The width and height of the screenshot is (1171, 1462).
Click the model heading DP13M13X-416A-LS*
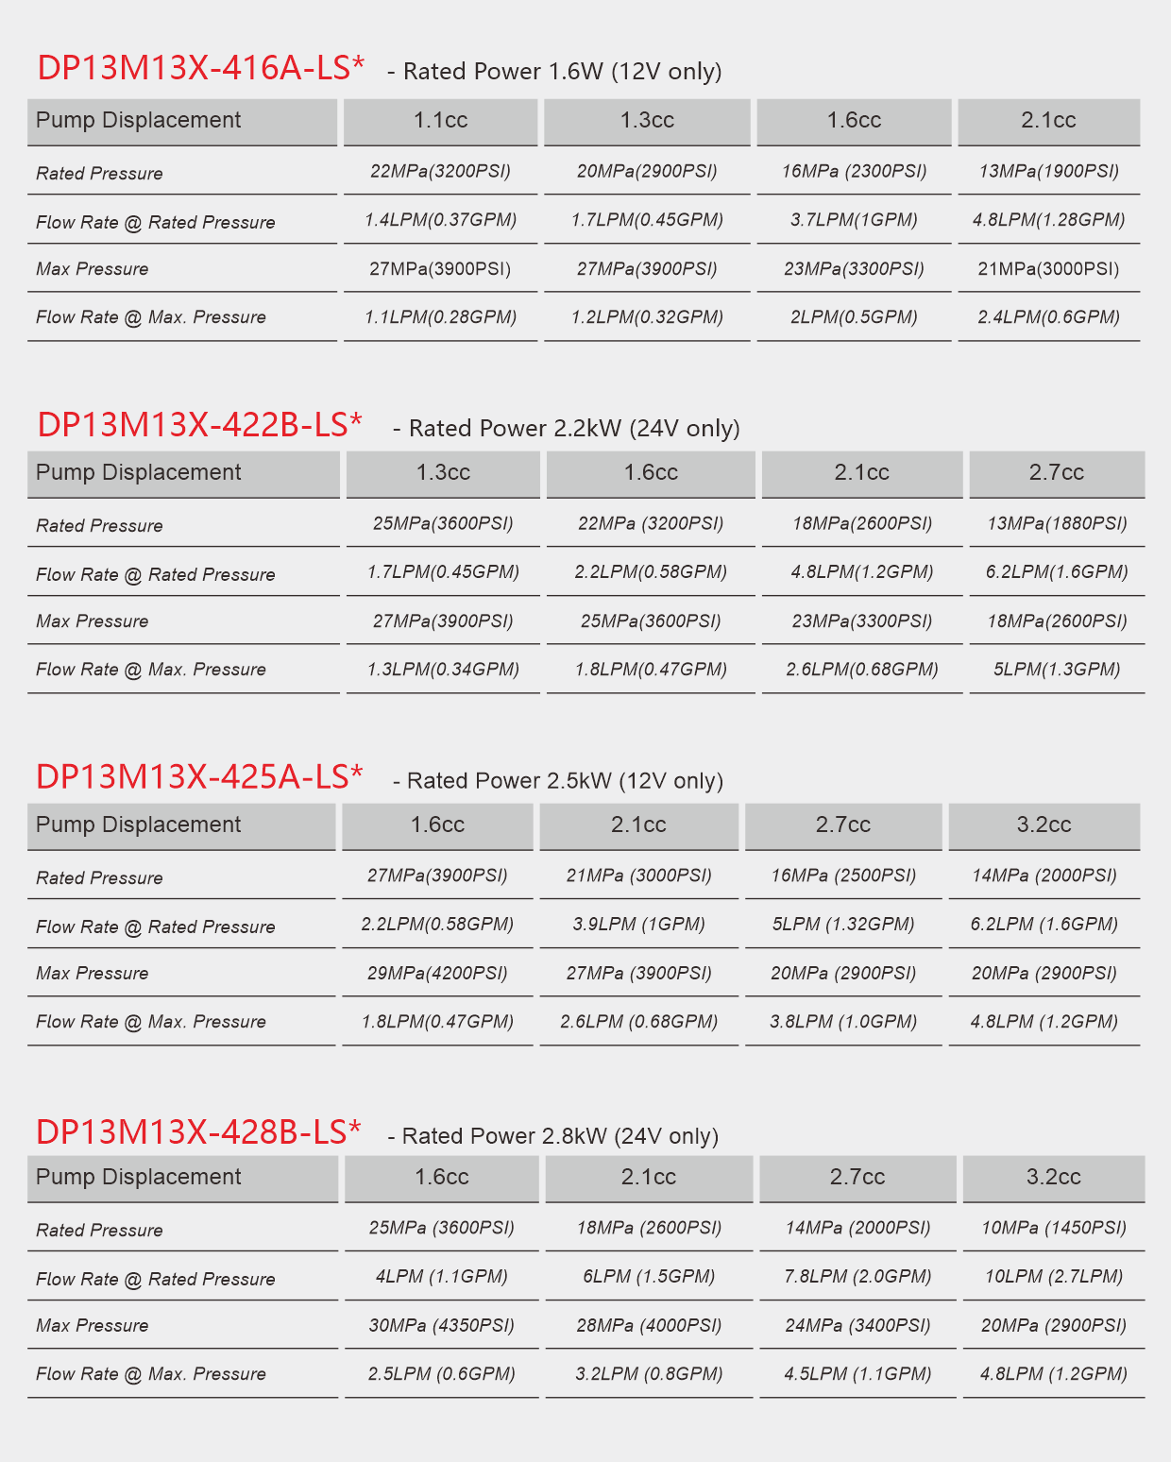(x=200, y=68)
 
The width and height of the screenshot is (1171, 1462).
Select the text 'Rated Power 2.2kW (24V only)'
(x=573, y=429)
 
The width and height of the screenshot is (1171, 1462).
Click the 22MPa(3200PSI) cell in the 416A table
(x=440, y=171)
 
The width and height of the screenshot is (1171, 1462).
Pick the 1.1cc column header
(x=440, y=121)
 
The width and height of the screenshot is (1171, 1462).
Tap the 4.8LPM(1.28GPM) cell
(x=1048, y=220)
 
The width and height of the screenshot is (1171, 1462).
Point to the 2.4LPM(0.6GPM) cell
(x=1048, y=317)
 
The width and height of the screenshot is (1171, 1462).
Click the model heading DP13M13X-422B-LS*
(x=199, y=425)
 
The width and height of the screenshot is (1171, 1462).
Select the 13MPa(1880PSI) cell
(x=1057, y=523)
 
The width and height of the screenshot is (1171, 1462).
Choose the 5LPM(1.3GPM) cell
(x=1057, y=670)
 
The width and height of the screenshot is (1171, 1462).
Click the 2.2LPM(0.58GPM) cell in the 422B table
(x=651, y=572)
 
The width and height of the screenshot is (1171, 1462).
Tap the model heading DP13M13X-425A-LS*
(x=199, y=776)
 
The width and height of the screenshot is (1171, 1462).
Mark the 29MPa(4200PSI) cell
(x=437, y=973)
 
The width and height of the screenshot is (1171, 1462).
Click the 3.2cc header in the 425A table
(x=1044, y=825)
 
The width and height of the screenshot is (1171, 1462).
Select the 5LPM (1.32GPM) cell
(x=843, y=924)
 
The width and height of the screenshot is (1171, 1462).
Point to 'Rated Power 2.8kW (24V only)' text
(x=560, y=1136)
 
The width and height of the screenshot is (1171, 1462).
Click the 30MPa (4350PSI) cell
(x=441, y=1325)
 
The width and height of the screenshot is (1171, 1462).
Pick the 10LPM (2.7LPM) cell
(x=1053, y=1277)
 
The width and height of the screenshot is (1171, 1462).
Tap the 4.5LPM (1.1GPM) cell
(x=857, y=1374)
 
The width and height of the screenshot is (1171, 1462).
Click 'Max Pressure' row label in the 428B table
(x=93, y=1326)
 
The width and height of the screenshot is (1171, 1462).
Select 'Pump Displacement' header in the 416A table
(x=139, y=121)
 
